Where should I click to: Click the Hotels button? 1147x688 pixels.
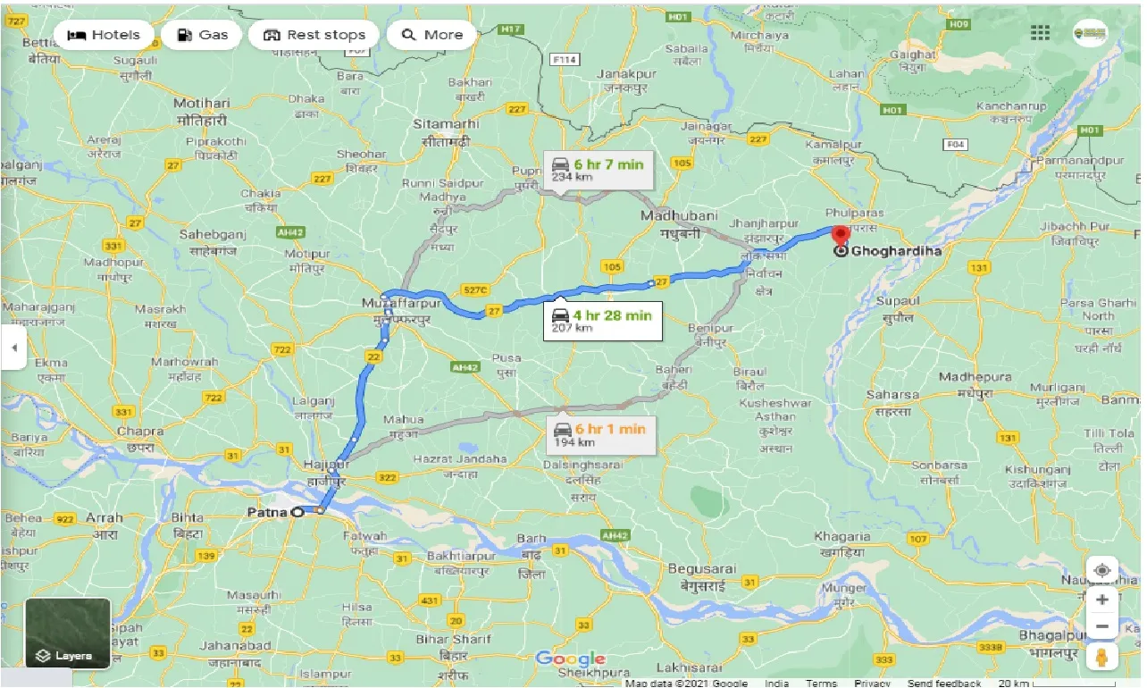click(x=104, y=35)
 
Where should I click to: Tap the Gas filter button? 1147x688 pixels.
click(x=202, y=35)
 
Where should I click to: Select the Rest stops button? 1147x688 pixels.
click(x=314, y=35)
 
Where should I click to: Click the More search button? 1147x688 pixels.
click(x=432, y=35)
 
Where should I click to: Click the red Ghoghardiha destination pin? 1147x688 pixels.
click(x=840, y=237)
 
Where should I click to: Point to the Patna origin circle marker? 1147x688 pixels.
click(x=297, y=512)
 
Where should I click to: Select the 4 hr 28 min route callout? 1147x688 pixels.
click(x=603, y=320)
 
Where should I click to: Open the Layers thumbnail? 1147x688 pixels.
click(x=68, y=633)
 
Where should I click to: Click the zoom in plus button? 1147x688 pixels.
click(x=1103, y=600)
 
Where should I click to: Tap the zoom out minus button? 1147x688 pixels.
click(x=1103, y=626)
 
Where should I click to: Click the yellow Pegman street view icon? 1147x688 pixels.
click(x=1103, y=659)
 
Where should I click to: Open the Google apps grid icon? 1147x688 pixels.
click(x=1040, y=33)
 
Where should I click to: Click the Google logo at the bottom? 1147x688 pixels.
click(x=570, y=659)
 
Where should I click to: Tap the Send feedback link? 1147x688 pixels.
click(x=944, y=683)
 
